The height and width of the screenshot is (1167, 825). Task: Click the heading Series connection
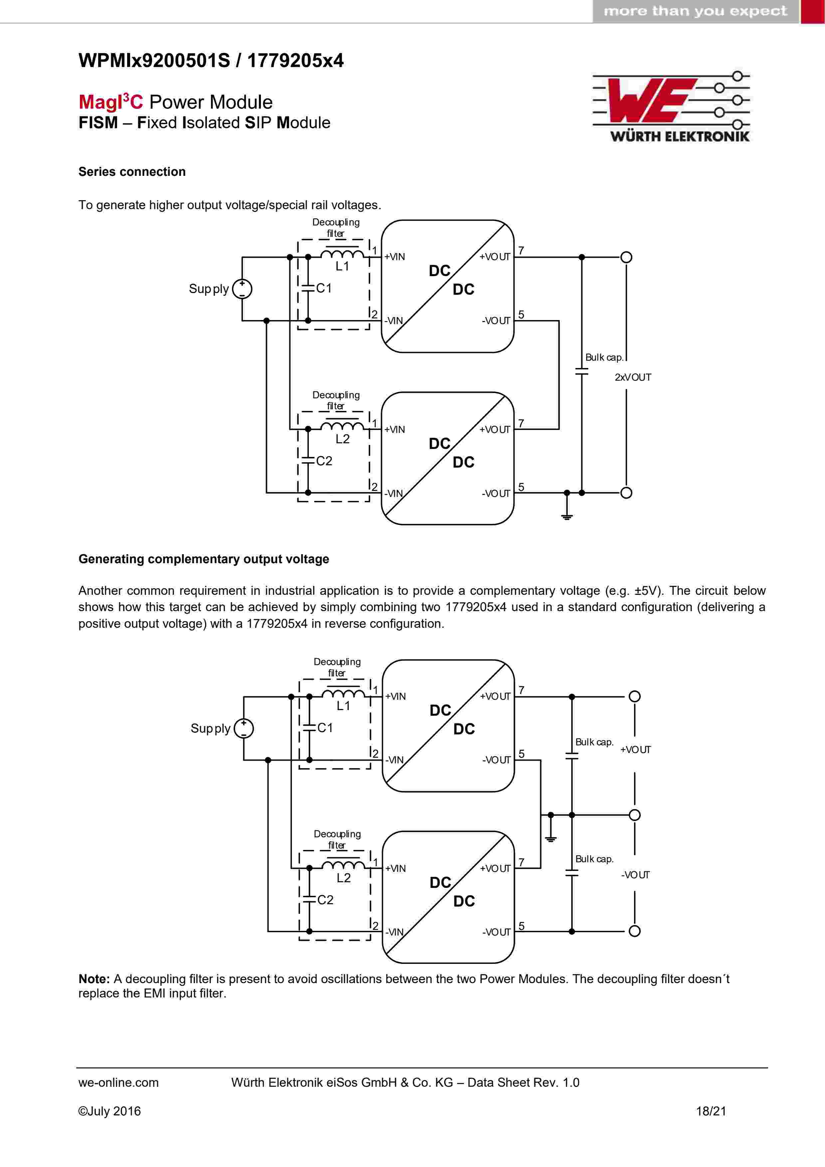132,172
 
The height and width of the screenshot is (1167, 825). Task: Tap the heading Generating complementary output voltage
204,559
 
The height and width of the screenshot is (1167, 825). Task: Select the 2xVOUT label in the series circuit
632,377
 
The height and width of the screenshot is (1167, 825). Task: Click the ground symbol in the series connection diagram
567,517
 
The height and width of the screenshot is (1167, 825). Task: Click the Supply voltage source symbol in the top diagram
242,289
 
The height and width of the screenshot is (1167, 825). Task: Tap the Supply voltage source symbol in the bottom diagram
244,728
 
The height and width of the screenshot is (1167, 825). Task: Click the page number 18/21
711,1111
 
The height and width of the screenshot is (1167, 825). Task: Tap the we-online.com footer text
118,1083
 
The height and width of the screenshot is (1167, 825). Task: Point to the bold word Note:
94,979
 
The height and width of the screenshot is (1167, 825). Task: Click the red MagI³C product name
111,101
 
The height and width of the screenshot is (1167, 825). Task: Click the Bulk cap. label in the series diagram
604,357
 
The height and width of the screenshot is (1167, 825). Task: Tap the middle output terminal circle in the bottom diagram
635,815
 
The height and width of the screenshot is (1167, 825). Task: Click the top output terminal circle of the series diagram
626,257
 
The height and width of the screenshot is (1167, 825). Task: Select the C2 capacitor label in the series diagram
324,461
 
